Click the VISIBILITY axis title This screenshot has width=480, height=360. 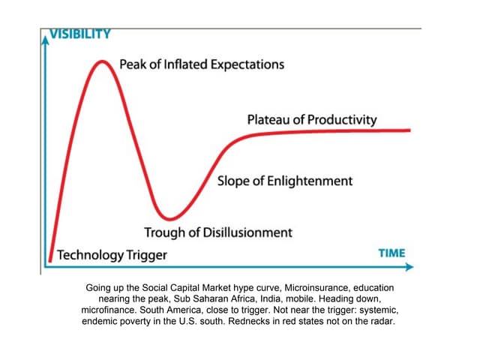pyautogui.click(x=79, y=34)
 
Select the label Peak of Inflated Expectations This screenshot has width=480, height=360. pyautogui.click(x=202, y=64)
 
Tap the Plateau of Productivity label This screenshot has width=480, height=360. pyautogui.click(x=312, y=120)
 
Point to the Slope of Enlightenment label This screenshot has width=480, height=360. pyautogui.click(x=284, y=181)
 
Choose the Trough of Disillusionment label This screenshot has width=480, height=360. pyautogui.click(x=218, y=232)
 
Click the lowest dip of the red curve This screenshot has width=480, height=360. pyautogui.click(x=172, y=217)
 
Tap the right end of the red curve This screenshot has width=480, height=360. pyautogui.click(x=409, y=130)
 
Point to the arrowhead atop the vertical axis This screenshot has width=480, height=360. pyautogui.click(x=44, y=35)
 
